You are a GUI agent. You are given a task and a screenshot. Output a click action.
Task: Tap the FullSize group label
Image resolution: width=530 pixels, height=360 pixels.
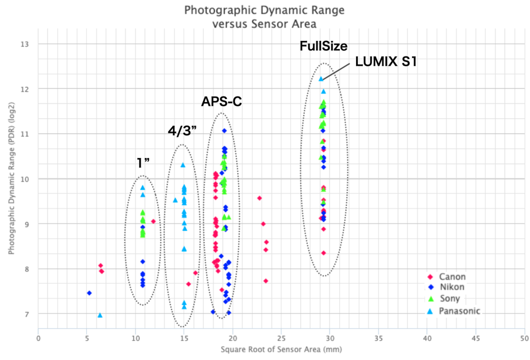coord(324,46)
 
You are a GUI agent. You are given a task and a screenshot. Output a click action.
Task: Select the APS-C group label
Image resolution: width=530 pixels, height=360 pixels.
coord(223,102)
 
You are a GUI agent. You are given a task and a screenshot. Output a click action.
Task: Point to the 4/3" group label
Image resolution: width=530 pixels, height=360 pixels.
coord(182,131)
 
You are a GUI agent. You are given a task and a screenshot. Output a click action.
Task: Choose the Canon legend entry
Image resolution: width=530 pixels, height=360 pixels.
coord(452,277)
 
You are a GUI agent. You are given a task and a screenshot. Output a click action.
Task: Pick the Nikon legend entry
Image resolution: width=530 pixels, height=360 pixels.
coord(451,288)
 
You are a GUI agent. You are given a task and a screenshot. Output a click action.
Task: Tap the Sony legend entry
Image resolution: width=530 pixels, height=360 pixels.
coord(449,299)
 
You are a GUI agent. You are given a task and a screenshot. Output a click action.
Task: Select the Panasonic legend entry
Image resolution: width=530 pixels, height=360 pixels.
coord(459,311)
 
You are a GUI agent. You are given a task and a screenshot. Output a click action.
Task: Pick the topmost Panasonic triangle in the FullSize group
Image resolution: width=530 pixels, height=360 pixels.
coord(321,79)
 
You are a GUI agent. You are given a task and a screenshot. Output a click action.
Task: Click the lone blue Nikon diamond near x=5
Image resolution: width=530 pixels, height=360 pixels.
coord(89,293)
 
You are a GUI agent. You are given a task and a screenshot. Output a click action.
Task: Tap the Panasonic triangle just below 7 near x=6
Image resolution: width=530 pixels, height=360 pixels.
coord(100,315)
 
